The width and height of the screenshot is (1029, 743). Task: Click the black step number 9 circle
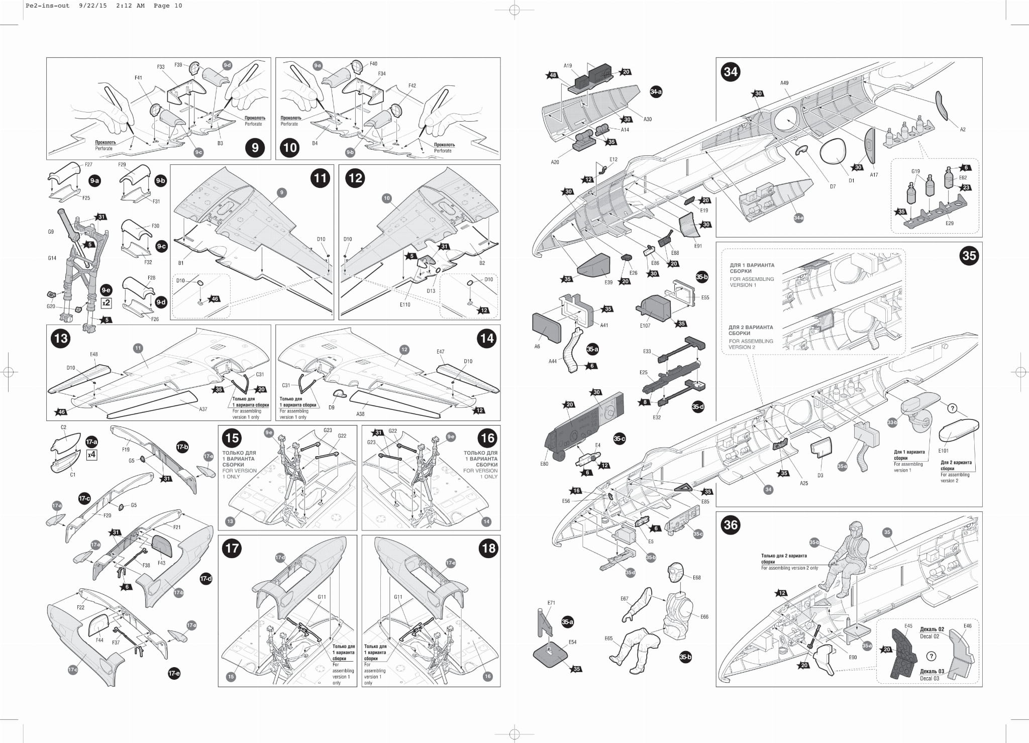255,147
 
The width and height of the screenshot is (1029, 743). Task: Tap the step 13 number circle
61,338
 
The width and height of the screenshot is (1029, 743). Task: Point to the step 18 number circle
488,548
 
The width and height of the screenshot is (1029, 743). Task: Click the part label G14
52,258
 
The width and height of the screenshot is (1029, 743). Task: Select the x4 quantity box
91,455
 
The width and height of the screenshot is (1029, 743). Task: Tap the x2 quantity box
106,303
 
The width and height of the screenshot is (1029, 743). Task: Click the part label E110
405,304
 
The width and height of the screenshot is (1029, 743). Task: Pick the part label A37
203,409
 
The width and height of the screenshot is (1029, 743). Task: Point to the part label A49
784,83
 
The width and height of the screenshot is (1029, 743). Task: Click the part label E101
943,451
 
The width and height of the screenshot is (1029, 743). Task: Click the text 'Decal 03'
929,678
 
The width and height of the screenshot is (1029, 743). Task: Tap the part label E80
544,464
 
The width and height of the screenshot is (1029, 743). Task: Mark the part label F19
126,450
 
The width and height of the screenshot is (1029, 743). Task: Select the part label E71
551,602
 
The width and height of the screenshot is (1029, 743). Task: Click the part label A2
963,130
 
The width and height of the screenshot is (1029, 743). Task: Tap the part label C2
63,428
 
